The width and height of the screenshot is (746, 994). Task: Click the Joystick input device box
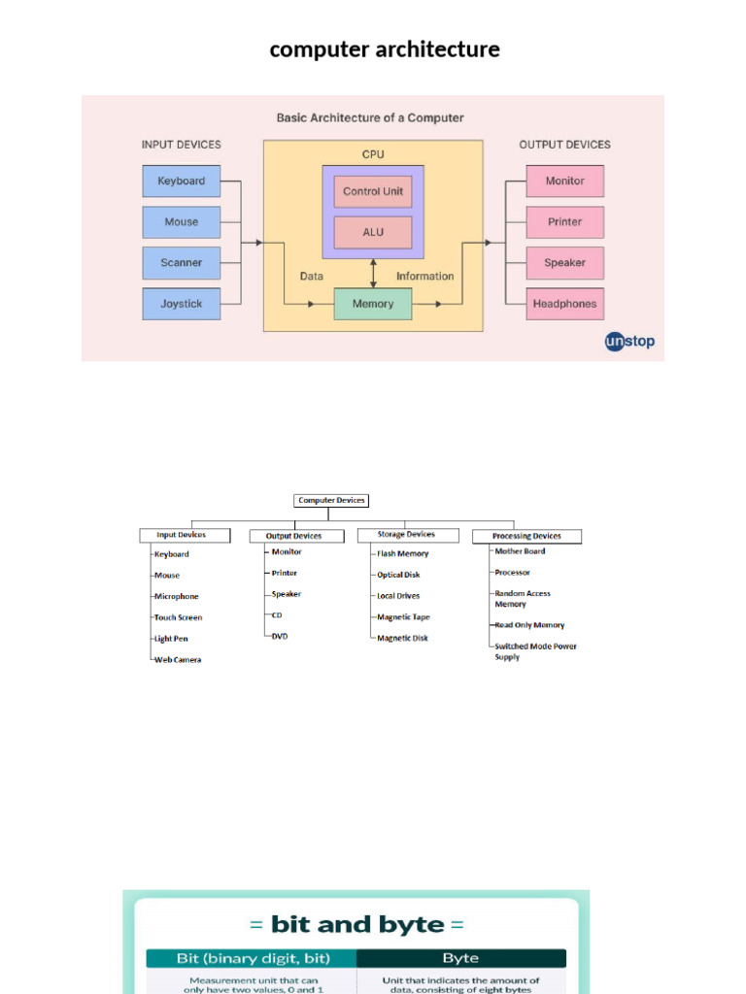pyautogui.click(x=182, y=304)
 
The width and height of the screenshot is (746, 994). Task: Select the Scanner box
pyautogui.click(x=182, y=263)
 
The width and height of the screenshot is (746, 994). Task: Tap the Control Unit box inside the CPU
pyautogui.click(x=373, y=191)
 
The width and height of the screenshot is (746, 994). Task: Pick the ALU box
pyautogui.click(x=373, y=232)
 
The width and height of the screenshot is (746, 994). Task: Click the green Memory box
pyautogui.click(x=373, y=304)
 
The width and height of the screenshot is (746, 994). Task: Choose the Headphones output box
pyautogui.click(x=564, y=304)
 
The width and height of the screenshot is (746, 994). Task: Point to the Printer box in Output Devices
pyautogui.click(x=564, y=222)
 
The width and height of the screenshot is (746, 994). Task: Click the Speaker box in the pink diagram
pyautogui.click(x=564, y=263)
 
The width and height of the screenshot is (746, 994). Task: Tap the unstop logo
pyautogui.click(x=629, y=342)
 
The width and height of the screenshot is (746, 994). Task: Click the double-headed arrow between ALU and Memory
pyautogui.click(x=373, y=274)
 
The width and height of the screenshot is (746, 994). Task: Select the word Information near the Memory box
pyautogui.click(x=424, y=277)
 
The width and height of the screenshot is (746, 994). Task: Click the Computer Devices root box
pyautogui.click(x=331, y=501)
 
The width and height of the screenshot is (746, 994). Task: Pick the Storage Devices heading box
pyautogui.click(x=406, y=535)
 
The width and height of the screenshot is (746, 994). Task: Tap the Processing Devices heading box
pyautogui.click(x=526, y=536)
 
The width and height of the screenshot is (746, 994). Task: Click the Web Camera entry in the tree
pyautogui.click(x=178, y=660)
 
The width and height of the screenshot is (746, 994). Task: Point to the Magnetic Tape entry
pyautogui.click(x=403, y=617)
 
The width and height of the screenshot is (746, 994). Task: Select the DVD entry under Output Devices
pyautogui.click(x=280, y=637)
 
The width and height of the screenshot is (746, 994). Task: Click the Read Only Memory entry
pyautogui.click(x=529, y=625)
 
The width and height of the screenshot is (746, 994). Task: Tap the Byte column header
pyautogui.click(x=460, y=958)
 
